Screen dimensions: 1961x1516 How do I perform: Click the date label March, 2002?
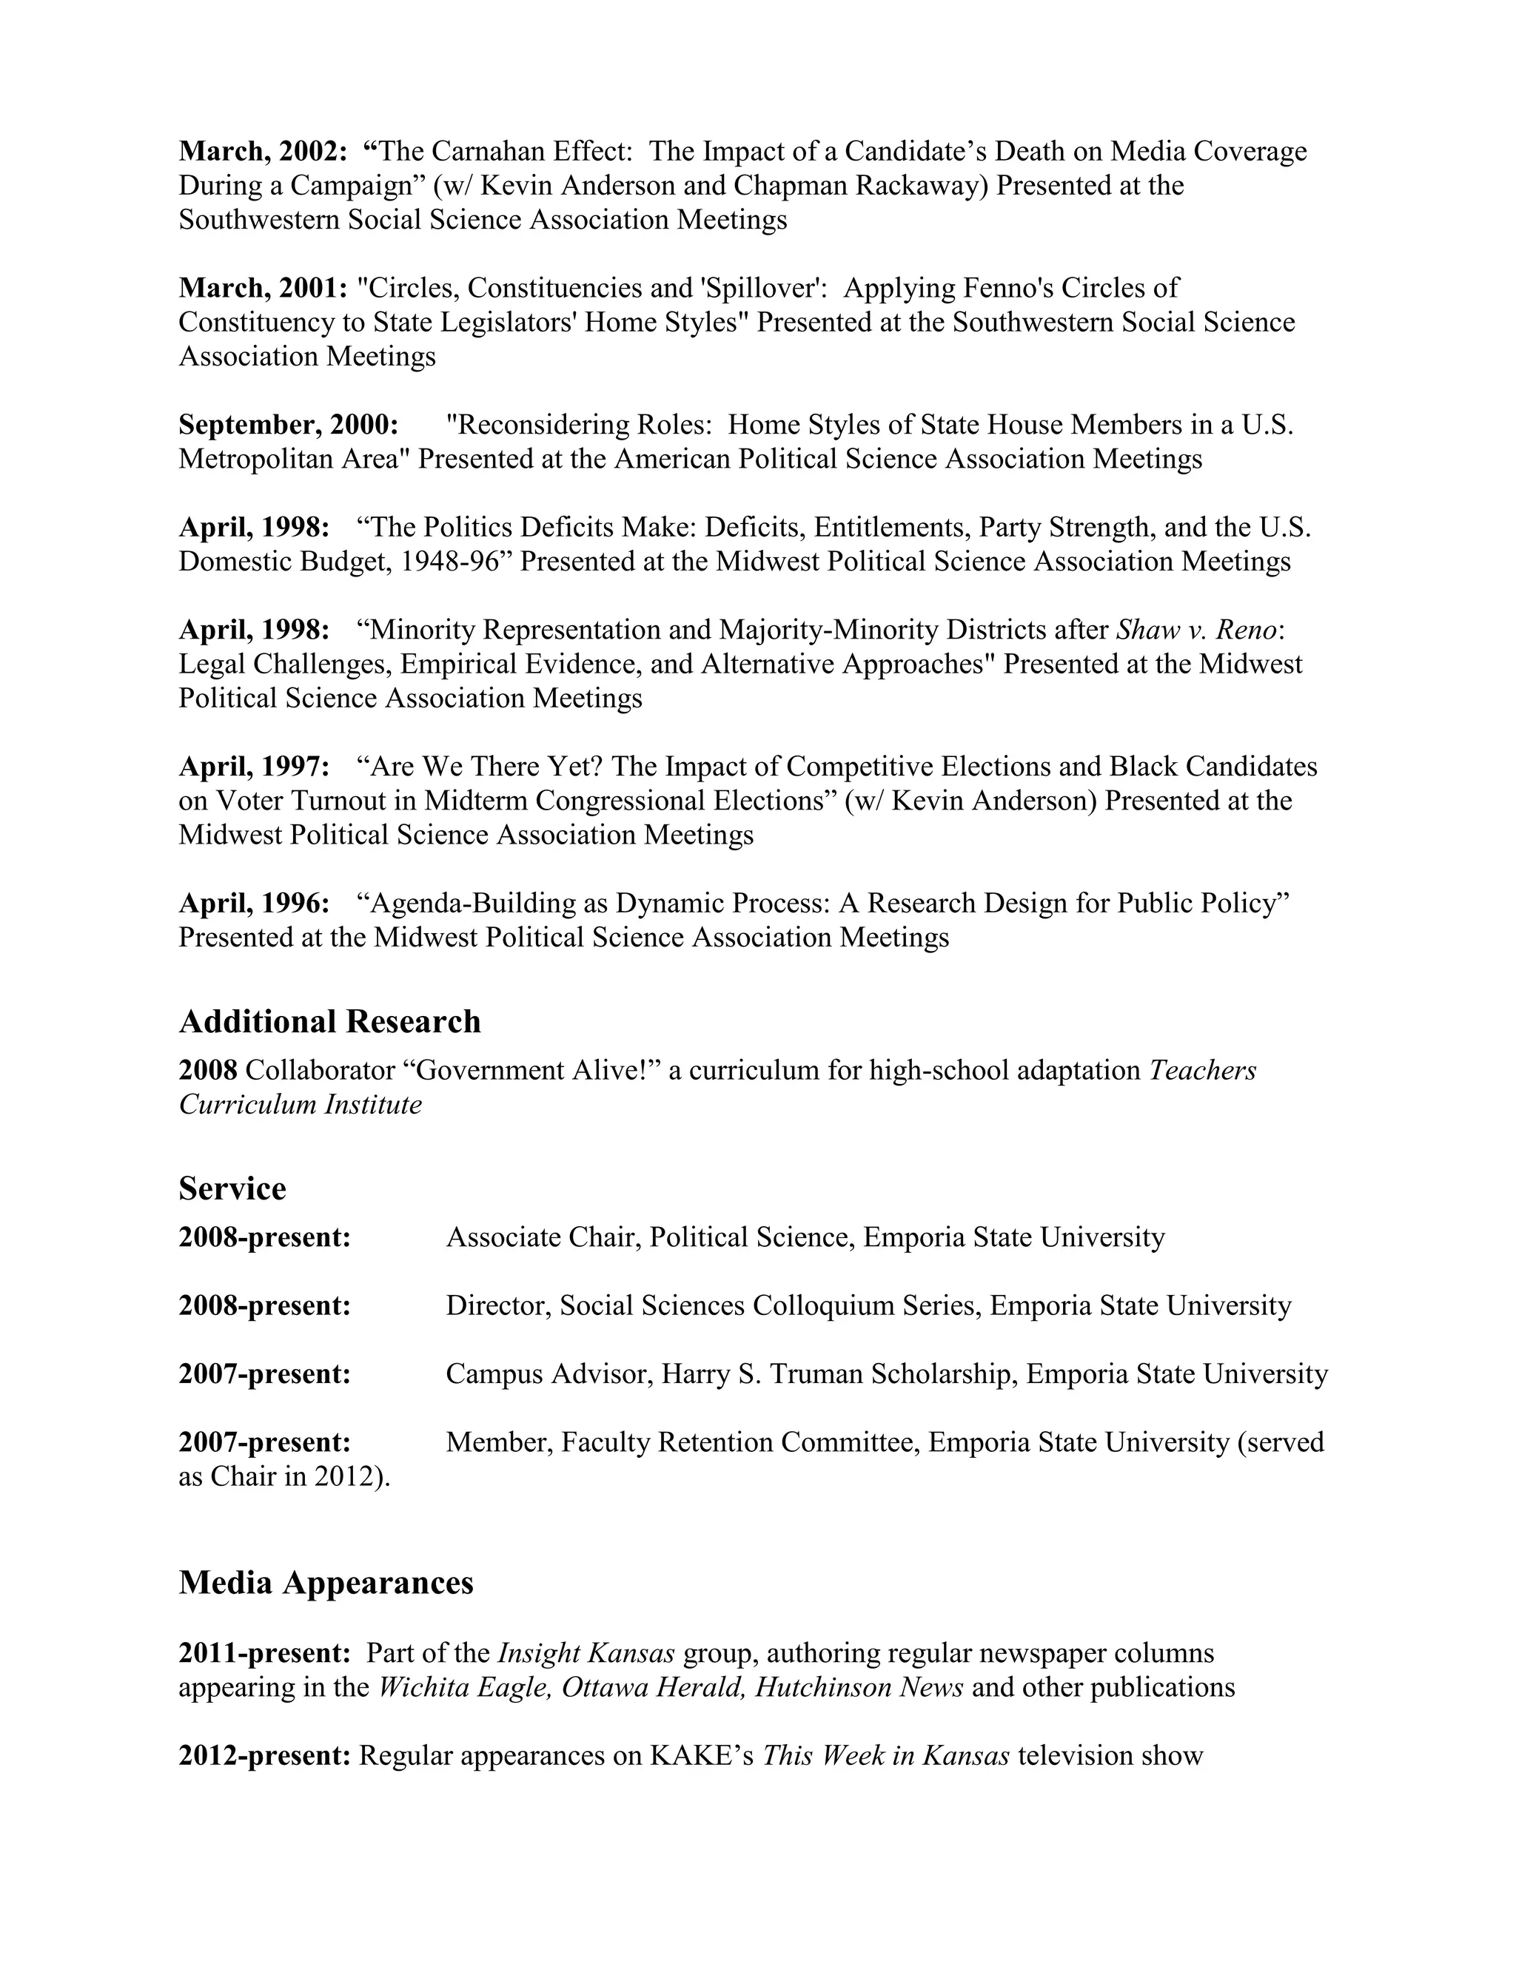pyautogui.click(x=262, y=152)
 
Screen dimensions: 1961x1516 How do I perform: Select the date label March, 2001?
pyautogui.click(x=262, y=288)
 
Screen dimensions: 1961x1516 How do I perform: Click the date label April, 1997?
pyautogui.click(x=254, y=767)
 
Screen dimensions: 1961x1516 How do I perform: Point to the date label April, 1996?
pyautogui.click(x=254, y=904)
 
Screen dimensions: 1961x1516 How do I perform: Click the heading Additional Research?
pyautogui.click(x=329, y=1022)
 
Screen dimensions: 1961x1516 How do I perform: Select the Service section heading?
pyautogui.click(x=232, y=1189)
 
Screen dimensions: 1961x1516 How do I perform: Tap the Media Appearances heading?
pyautogui.click(x=326, y=1582)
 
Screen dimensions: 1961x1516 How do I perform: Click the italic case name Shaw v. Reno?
pyautogui.click(x=1195, y=630)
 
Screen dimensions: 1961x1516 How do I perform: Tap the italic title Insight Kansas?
pyautogui.click(x=586, y=1653)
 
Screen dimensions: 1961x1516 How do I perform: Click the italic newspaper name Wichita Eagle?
pyautogui.click(x=463, y=1687)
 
